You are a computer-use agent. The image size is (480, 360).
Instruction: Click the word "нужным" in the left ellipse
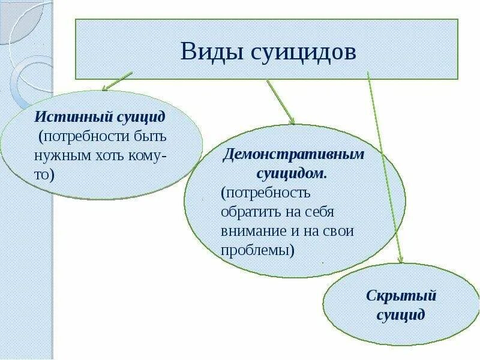(x=61, y=156)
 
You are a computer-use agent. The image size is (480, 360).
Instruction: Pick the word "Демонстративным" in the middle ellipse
(x=294, y=154)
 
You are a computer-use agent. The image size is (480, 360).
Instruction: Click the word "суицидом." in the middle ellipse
(x=292, y=173)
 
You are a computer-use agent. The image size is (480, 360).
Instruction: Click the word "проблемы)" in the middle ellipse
(x=258, y=250)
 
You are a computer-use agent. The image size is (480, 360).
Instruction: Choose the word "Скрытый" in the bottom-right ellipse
(x=401, y=296)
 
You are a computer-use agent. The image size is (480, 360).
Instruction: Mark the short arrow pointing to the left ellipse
(x=117, y=81)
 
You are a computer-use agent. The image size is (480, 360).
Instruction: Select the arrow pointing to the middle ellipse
(x=280, y=102)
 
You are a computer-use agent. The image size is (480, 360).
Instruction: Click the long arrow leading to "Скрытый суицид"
(x=384, y=168)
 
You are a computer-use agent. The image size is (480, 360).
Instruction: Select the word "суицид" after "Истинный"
(x=142, y=116)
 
